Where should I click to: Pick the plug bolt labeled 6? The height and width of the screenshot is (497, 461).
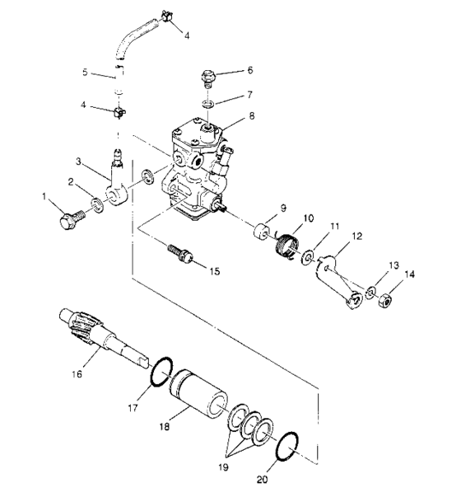(x=209, y=78)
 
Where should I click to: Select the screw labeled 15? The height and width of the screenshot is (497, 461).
(x=179, y=255)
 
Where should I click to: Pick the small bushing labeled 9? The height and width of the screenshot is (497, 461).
(x=263, y=230)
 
